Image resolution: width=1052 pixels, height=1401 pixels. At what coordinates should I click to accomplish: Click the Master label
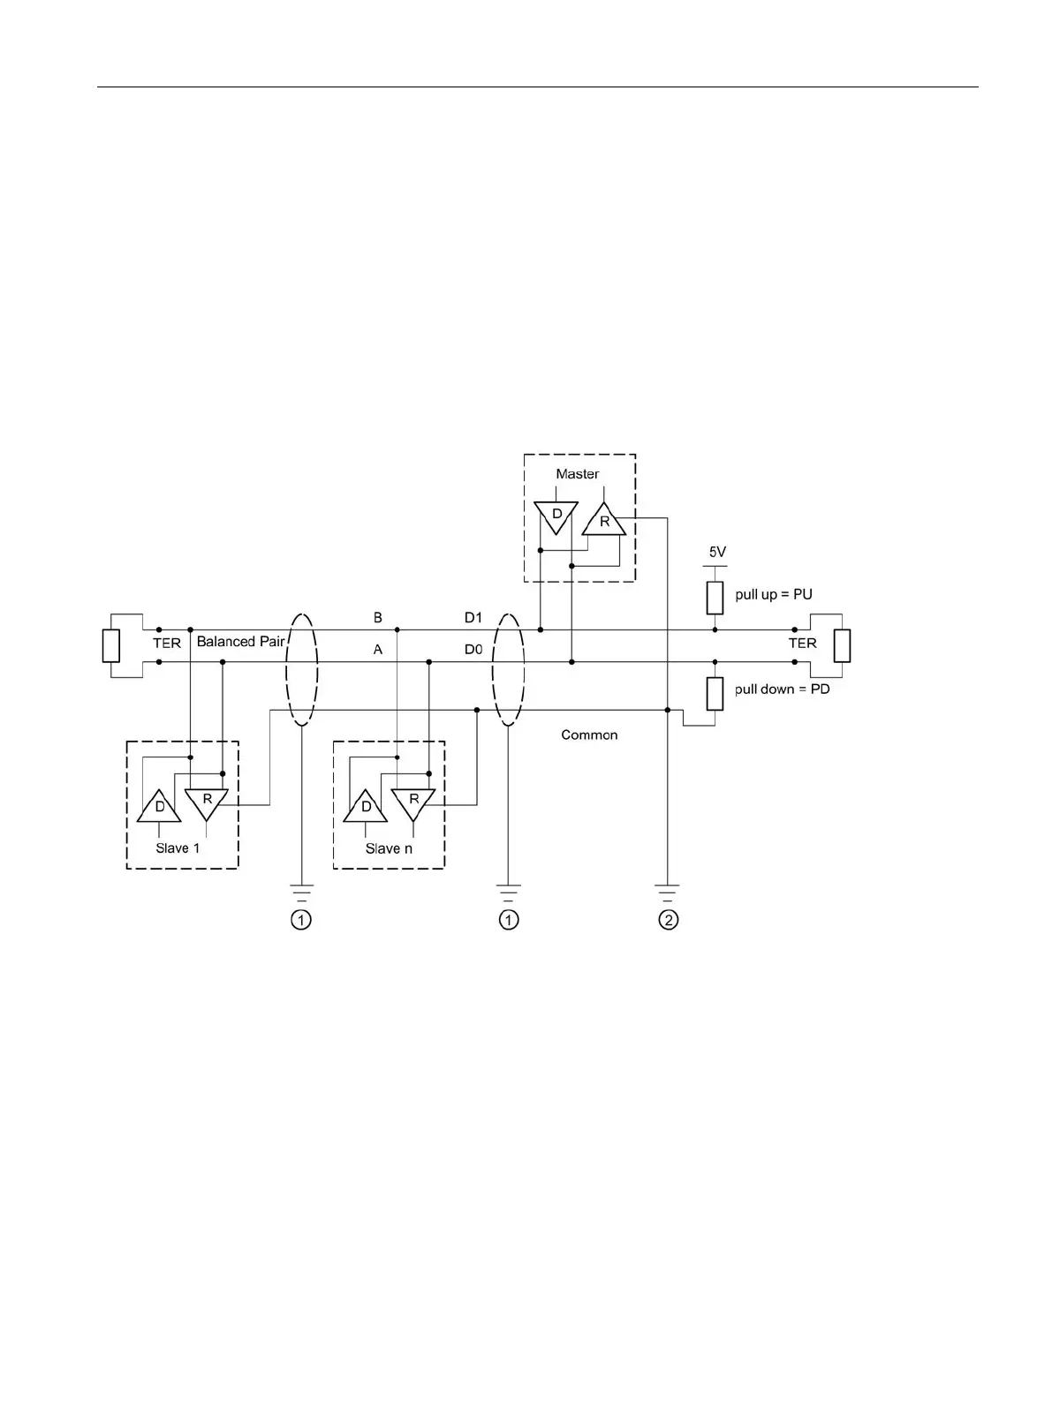coord(577,474)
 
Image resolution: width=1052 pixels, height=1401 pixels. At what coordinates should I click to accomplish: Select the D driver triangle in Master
coord(556,516)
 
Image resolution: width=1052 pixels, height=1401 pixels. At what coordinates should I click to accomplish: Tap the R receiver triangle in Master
coord(604,521)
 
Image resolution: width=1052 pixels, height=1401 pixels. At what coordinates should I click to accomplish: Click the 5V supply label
coord(716,553)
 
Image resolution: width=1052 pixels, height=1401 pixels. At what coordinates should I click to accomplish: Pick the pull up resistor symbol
coord(715,598)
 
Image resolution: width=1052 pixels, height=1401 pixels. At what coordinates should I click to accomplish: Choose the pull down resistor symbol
coord(715,692)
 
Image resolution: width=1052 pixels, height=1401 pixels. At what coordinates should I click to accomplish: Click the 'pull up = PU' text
coord(773,594)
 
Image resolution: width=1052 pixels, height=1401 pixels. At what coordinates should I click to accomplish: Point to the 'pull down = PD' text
coord(782,689)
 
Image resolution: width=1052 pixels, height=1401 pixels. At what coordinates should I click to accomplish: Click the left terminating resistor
coord(110,645)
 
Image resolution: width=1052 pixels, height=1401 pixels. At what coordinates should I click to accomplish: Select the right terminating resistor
coord(842,645)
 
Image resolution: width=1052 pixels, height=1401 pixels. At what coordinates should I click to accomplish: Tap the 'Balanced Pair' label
coord(240,642)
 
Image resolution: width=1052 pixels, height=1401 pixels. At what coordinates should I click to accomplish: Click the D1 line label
coord(473,618)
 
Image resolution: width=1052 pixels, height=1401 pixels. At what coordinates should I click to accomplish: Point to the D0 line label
coord(473,650)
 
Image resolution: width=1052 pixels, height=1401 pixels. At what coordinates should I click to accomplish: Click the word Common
coord(589,734)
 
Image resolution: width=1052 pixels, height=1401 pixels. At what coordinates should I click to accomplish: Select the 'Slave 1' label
coord(178,848)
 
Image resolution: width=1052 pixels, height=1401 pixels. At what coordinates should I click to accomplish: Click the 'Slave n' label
coord(389,848)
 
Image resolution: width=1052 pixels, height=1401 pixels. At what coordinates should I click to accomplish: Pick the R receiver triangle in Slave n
coord(413,802)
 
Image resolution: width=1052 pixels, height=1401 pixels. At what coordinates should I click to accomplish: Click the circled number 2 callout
coord(669,921)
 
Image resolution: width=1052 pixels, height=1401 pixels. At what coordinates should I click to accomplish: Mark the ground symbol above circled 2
coord(668,890)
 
